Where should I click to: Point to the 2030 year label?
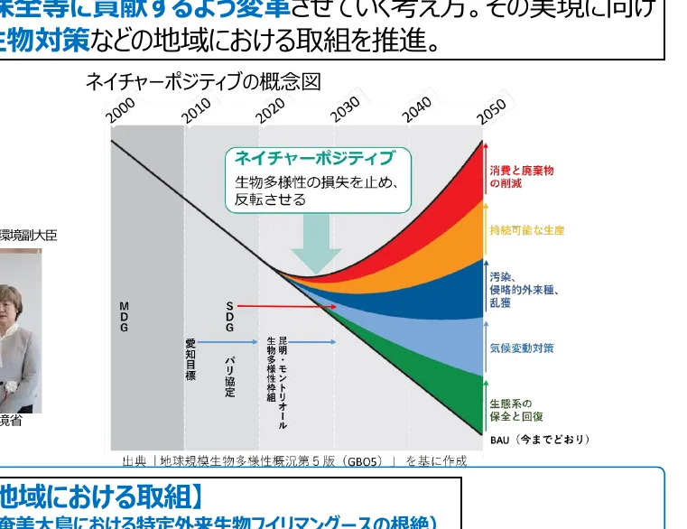(345, 109)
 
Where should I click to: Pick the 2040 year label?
(418, 109)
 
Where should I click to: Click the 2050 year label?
(492, 109)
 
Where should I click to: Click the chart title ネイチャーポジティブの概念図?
(203, 82)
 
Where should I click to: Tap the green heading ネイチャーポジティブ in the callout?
(315, 159)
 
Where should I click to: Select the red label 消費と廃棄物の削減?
(522, 177)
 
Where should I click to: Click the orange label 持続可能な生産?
(527, 231)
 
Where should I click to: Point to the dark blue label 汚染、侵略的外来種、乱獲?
(525, 290)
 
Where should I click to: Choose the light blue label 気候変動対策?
(522, 348)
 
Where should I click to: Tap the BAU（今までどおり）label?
(540, 440)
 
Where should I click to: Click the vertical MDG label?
(124, 317)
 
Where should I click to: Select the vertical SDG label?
(229, 317)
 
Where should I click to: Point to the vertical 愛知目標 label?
(190, 359)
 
